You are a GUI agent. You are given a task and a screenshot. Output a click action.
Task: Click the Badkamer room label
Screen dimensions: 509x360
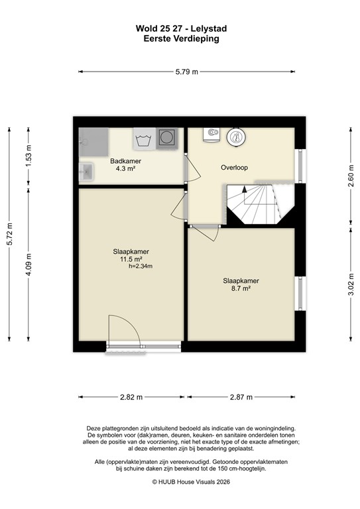125,161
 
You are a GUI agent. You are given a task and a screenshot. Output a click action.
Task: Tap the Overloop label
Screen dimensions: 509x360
234,168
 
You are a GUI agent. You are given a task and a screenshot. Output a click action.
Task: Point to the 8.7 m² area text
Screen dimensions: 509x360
240,288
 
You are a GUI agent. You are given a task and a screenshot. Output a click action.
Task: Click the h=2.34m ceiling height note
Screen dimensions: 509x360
140,266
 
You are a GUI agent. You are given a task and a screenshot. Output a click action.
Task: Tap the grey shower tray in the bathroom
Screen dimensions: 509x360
93,141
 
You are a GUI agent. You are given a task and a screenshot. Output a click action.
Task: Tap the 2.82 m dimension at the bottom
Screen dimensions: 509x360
131,397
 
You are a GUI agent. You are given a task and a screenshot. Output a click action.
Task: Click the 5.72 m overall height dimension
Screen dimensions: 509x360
9,233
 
